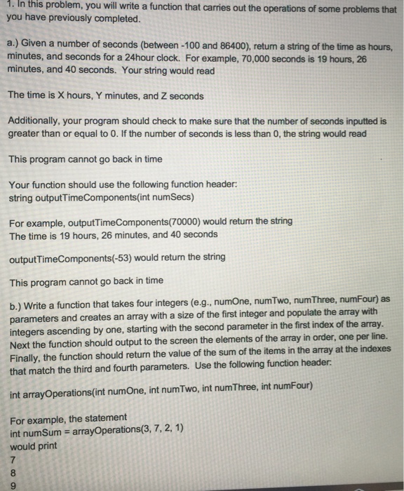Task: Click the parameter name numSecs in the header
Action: (148, 198)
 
